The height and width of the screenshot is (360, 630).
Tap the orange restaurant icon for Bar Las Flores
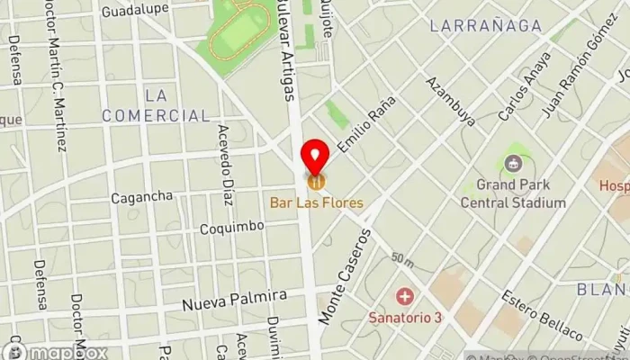click(x=316, y=182)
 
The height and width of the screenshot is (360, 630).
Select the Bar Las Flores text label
click(x=316, y=203)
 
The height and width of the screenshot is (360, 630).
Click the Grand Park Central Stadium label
click(x=514, y=194)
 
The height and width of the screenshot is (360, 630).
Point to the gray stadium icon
click(x=514, y=164)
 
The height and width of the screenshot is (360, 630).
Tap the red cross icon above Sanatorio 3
click(x=405, y=296)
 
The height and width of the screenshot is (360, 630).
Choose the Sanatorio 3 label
click(x=405, y=317)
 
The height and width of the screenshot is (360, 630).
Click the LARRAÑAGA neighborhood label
click(x=486, y=26)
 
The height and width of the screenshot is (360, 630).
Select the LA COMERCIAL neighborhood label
click(x=156, y=105)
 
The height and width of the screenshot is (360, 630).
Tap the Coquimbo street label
click(x=232, y=227)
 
